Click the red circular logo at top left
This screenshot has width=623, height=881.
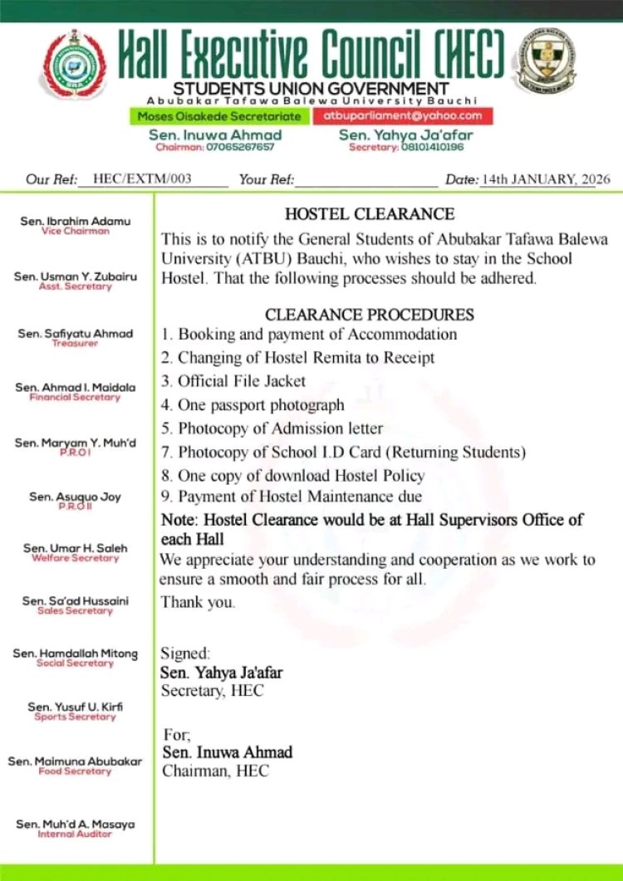(76, 65)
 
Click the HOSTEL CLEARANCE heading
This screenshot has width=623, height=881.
(370, 214)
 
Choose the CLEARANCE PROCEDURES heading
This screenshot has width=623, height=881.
(370, 315)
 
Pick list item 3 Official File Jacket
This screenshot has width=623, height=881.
(233, 381)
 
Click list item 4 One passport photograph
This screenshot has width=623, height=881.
(252, 405)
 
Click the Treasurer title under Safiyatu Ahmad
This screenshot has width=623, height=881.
(76, 343)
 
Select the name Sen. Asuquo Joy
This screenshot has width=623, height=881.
(76, 497)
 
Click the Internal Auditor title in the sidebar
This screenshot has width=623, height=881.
(76, 834)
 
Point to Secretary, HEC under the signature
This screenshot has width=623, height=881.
(212, 690)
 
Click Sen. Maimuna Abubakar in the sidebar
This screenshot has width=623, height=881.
(76, 761)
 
